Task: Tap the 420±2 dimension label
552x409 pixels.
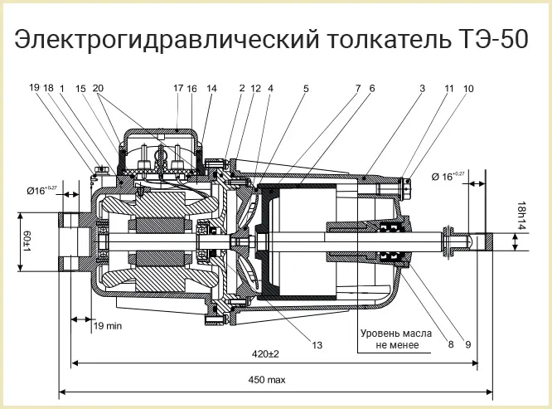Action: coord(266,353)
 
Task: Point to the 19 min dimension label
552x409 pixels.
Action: coord(107,326)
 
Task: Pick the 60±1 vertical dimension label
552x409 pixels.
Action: coord(26,241)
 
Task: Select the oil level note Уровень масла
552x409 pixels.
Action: coord(396,334)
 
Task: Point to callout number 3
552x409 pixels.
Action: coord(422,88)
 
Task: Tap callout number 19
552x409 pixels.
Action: coord(33,88)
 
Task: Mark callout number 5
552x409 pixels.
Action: coord(306,88)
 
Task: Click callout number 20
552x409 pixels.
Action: coord(99,88)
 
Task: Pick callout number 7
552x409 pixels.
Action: coord(358,88)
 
